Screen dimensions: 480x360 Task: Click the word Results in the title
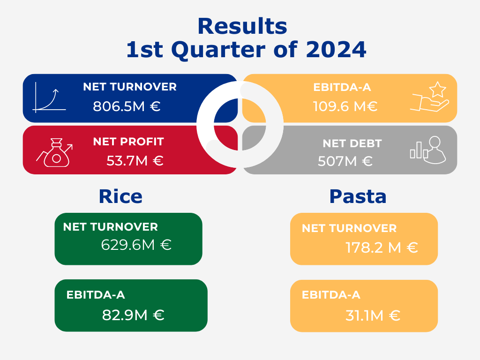pos(242,26)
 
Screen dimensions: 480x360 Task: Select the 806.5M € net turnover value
pos(127,106)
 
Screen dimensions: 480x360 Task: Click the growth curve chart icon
pos(49,97)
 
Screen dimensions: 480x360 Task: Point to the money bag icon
pos(55,152)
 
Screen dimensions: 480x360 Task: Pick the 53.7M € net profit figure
pos(135,161)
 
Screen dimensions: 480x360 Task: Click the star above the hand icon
pos(437,89)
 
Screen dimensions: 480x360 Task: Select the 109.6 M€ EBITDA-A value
pos(345,106)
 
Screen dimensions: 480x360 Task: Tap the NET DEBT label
pos(352,143)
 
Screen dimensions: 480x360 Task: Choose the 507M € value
pos(345,161)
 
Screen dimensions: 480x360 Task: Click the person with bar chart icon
pos(428,150)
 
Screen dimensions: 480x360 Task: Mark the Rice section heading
pos(120,196)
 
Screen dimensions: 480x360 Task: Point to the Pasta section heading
pos(358,196)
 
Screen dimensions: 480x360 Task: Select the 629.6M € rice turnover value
pos(136,245)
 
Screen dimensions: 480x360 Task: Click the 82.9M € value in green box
pos(133,315)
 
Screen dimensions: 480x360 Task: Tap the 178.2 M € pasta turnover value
pos(382,247)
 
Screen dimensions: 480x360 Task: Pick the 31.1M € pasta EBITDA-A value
pos(373,315)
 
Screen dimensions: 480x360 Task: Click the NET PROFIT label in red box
pos(128,142)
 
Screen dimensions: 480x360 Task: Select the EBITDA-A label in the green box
pos(96,295)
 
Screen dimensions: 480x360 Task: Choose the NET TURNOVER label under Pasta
pos(349,228)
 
